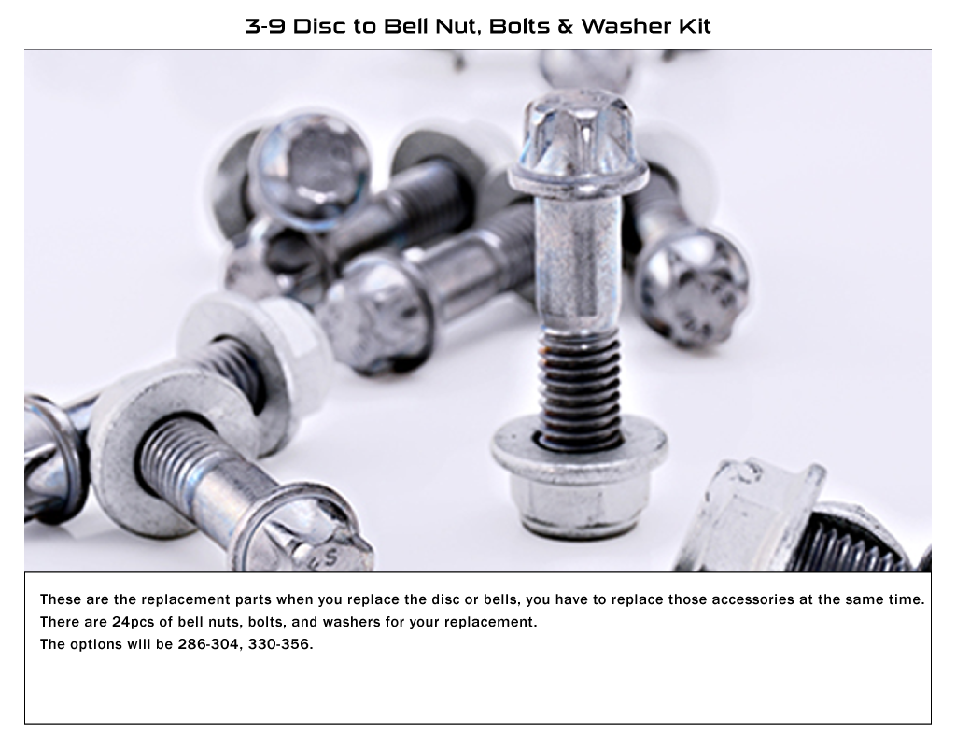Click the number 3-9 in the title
[265, 26]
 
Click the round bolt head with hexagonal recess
[309, 171]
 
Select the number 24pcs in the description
[134, 622]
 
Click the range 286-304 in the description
[208, 644]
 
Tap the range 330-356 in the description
[278, 644]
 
